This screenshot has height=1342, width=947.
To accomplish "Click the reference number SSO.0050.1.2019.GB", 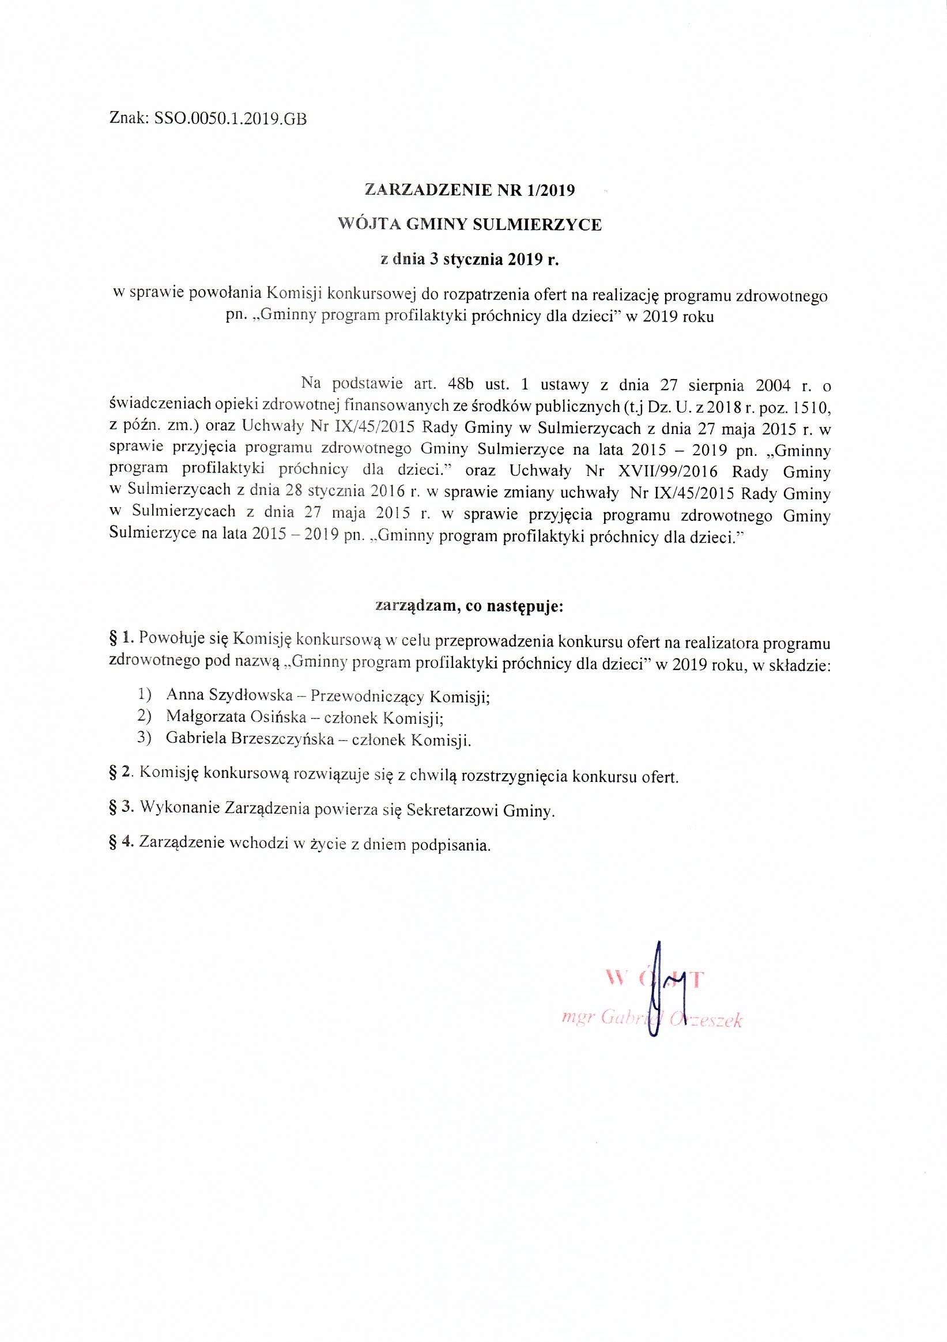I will point(230,119).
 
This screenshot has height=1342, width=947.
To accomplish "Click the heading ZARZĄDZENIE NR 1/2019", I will point(469,190).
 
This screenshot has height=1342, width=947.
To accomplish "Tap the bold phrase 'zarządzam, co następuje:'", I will point(469,607).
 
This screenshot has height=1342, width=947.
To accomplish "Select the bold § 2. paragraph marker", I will point(122,776).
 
